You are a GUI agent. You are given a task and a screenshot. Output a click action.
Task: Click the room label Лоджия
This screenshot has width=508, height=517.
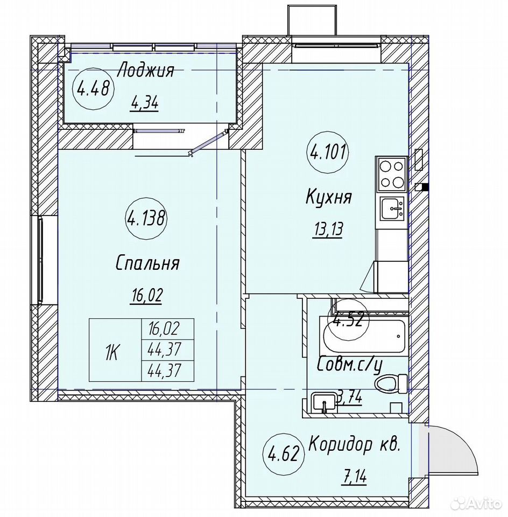(146, 71)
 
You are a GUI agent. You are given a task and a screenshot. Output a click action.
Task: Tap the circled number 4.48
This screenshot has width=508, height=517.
(93, 88)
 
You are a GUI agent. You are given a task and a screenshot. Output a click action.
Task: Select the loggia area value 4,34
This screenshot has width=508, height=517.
(145, 104)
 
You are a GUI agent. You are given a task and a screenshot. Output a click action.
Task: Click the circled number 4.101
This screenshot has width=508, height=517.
(328, 152)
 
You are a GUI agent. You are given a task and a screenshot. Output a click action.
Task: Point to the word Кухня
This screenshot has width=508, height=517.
(329, 198)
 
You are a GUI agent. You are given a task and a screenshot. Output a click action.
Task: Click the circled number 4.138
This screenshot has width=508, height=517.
(145, 219)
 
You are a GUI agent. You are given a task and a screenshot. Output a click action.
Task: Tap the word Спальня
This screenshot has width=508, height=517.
(147, 263)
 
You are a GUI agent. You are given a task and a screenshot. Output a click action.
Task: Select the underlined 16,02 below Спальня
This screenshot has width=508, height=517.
(146, 296)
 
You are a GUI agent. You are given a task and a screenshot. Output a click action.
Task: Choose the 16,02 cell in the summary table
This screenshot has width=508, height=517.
(168, 329)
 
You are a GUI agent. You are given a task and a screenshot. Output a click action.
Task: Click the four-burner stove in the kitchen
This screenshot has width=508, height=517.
(391, 174)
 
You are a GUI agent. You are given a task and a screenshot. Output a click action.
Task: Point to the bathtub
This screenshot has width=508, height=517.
(364, 336)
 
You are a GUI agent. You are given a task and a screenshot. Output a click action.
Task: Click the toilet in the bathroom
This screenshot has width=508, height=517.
(391, 384)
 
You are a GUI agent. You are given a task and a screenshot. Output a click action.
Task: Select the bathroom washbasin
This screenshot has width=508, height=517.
(324, 402)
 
